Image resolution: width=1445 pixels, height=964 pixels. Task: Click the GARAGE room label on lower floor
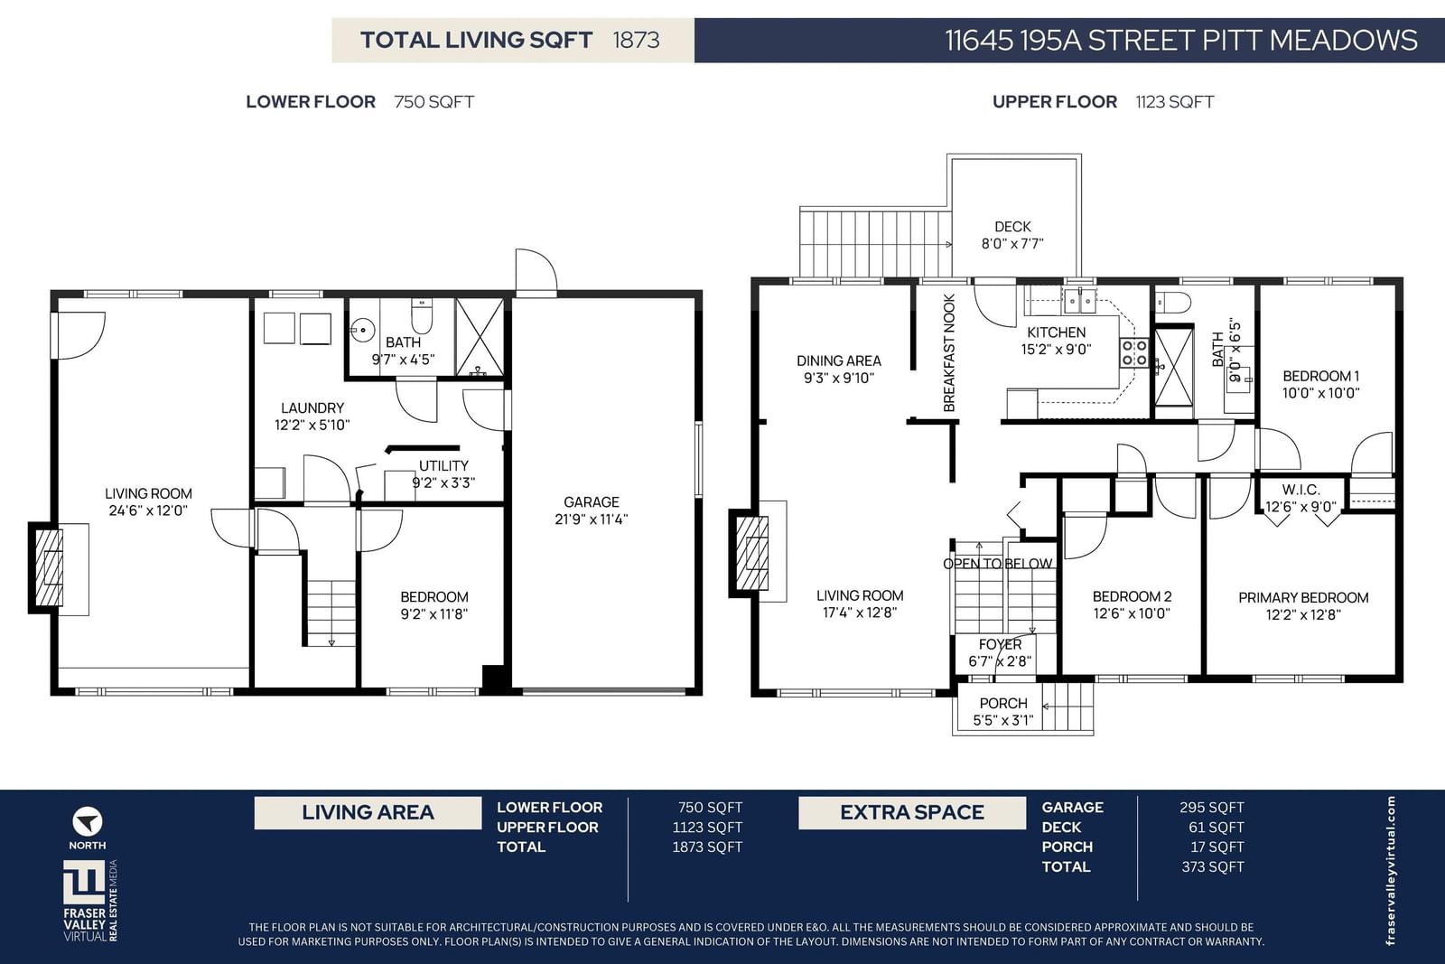591,502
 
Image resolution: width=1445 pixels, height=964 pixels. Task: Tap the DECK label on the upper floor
1012,227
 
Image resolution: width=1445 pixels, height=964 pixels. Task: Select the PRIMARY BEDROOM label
1303,597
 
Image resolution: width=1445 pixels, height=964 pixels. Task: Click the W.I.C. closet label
1300,490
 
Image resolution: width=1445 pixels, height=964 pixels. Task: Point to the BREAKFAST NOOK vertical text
949,353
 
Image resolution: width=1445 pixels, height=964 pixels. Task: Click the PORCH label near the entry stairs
1003,703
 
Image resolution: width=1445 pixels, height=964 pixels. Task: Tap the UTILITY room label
443,465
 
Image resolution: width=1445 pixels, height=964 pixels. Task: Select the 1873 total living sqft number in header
636,40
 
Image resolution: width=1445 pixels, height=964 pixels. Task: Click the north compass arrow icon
87,822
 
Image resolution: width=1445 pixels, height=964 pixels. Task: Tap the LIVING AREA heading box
368,812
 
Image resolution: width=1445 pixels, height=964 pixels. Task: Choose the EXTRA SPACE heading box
912,812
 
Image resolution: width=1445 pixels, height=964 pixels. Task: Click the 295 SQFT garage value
1211,807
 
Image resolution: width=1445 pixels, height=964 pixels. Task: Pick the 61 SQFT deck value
1216,828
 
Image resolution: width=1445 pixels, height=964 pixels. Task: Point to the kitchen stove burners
1134,353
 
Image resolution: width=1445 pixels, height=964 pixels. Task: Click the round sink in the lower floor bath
362,331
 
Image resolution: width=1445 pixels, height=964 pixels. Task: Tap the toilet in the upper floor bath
1173,302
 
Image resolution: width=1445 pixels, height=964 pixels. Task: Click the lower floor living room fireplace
46,567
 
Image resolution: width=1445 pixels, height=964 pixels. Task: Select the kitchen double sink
1080,302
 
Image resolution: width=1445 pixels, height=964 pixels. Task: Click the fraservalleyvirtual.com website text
1390,870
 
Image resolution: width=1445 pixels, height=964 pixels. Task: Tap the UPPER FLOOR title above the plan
1054,102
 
